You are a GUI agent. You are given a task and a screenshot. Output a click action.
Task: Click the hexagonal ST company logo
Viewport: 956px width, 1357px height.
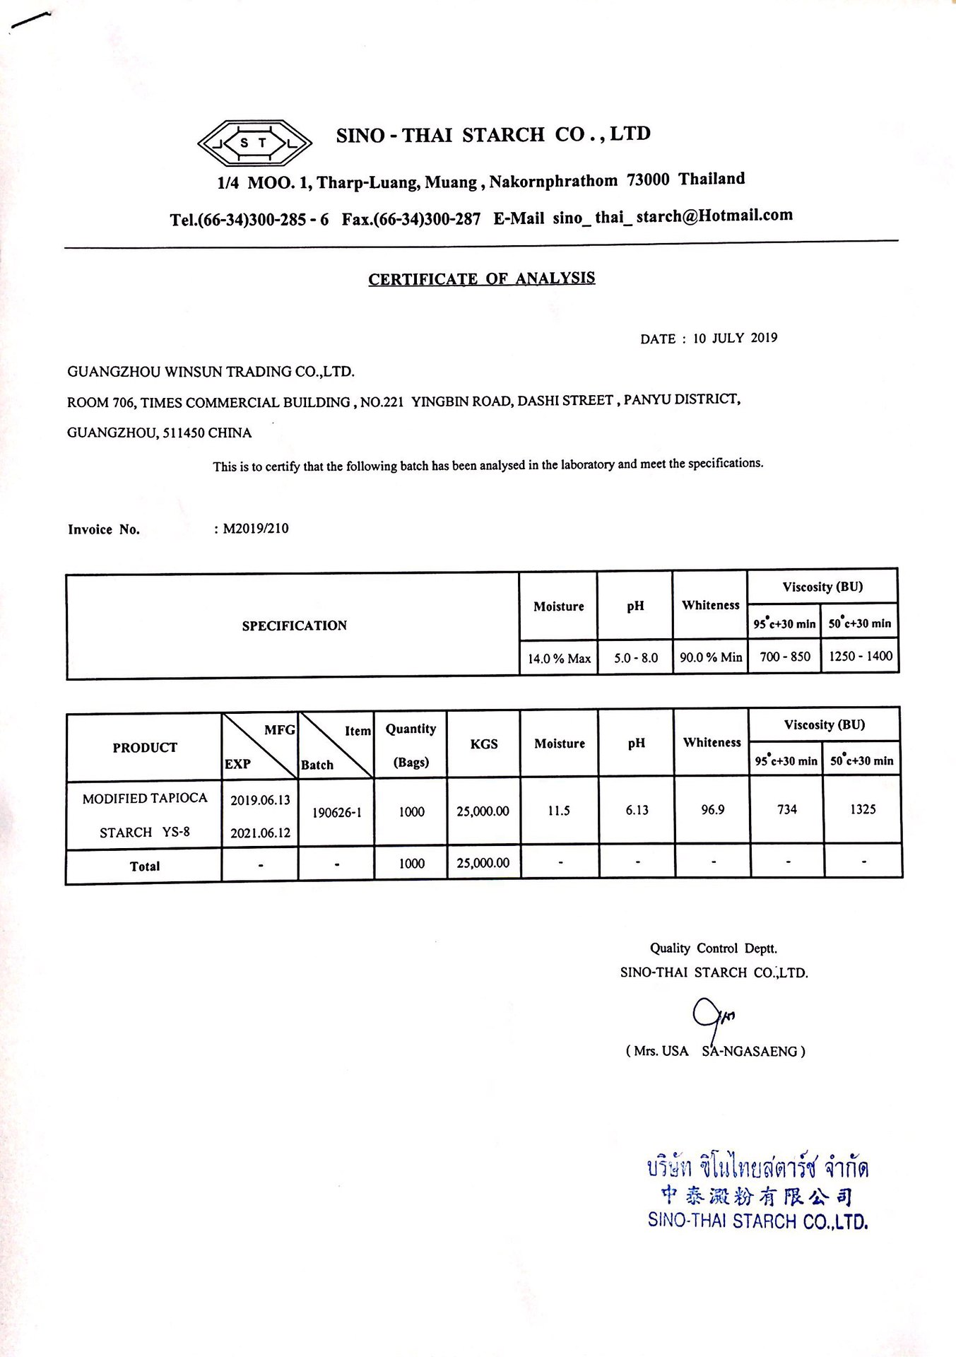254,143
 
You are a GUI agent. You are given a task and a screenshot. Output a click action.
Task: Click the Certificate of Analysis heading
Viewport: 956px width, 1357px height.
481,278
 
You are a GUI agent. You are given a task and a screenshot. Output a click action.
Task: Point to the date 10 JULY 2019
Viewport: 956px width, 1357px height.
735,338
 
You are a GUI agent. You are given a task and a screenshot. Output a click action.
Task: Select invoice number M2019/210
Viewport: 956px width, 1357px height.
256,529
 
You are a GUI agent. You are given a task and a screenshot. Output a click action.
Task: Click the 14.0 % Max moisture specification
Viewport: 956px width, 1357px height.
559,658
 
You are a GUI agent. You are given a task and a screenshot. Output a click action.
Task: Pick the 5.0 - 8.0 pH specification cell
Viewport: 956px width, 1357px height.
635,658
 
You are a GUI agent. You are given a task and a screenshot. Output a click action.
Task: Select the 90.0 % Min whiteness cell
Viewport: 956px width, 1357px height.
711,657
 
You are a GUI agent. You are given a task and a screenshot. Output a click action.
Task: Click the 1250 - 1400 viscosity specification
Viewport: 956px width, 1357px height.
861,656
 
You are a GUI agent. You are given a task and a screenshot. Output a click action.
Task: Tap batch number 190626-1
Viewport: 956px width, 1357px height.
337,813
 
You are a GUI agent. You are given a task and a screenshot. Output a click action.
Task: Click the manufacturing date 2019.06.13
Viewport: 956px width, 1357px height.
260,800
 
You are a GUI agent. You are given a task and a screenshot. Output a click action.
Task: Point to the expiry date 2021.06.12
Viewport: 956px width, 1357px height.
260,833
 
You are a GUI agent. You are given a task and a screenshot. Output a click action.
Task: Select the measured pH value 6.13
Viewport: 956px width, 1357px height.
637,810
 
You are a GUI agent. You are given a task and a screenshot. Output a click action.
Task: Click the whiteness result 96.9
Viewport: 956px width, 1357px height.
712,810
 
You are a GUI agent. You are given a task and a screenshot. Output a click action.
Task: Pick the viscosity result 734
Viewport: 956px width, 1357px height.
787,809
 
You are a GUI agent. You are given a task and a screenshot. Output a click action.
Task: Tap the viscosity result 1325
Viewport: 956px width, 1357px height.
863,809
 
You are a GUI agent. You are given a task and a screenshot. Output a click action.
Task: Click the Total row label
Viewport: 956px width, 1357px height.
145,867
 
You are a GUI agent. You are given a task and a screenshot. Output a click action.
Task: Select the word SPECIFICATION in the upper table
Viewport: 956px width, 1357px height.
295,625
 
